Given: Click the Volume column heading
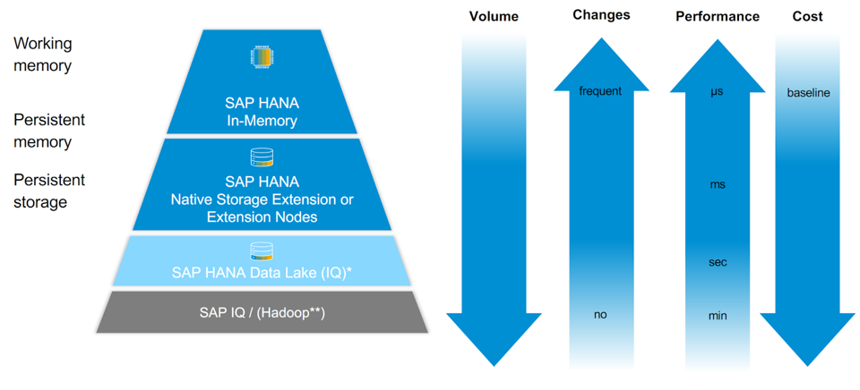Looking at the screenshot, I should click(x=494, y=16).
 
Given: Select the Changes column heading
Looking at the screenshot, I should click(x=601, y=14).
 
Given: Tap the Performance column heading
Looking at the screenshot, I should click(x=717, y=16).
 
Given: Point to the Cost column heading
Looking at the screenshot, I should click(x=808, y=16).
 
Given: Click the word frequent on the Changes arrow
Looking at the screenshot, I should click(x=600, y=91).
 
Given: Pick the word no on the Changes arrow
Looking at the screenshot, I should click(x=600, y=315).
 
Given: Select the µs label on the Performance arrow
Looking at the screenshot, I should click(x=717, y=91).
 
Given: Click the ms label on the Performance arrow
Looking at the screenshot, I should click(x=717, y=184).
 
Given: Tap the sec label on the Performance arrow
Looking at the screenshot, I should click(x=717, y=262).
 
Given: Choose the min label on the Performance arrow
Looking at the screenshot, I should click(x=717, y=315).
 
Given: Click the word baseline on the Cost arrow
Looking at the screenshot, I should click(x=808, y=93).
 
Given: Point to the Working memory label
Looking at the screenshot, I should click(x=43, y=54).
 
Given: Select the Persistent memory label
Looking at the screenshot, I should click(x=49, y=130).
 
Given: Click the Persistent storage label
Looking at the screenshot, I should click(x=49, y=191).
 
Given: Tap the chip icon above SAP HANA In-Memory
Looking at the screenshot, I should click(x=261, y=57).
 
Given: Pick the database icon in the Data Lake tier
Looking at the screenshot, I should click(x=262, y=251).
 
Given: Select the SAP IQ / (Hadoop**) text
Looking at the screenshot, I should click(x=262, y=313).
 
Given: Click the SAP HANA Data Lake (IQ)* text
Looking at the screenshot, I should click(x=262, y=272).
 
